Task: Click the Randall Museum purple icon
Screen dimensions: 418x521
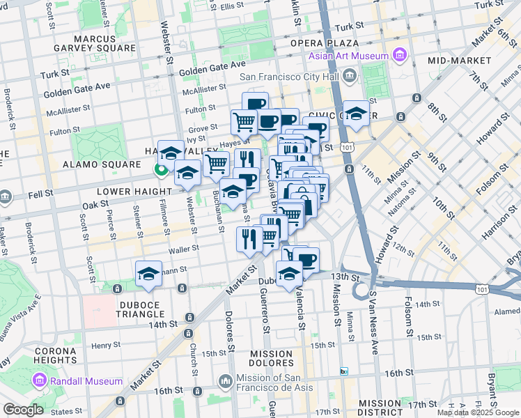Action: click(39, 381)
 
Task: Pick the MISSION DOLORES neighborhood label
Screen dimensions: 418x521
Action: click(270, 359)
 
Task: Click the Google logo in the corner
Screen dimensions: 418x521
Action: click(23, 410)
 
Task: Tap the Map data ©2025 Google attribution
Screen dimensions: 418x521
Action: click(477, 412)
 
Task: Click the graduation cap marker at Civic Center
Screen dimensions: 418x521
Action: click(356, 114)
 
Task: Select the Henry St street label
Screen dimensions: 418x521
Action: click(107, 345)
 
